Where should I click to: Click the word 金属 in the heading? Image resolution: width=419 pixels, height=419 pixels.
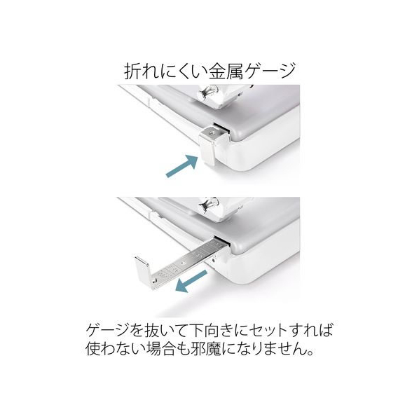(x=226, y=71)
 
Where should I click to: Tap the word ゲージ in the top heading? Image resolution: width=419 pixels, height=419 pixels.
(x=270, y=71)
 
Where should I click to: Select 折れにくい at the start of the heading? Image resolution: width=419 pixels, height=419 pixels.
(x=166, y=71)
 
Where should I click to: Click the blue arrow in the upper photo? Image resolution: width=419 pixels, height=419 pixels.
(x=182, y=166)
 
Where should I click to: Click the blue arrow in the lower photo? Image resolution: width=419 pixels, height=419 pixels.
(x=191, y=281)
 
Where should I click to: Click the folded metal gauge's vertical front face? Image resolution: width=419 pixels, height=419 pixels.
(x=207, y=151)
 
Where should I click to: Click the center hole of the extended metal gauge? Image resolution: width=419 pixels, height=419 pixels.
(x=182, y=263)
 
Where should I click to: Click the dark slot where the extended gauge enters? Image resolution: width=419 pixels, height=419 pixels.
(x=222, y=240)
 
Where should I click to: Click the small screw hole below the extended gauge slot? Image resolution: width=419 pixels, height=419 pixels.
(x=214, y=259)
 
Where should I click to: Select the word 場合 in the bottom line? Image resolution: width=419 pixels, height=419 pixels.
(x=157, y=349)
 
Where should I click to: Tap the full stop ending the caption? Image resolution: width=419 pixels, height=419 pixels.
(x=310, y=353)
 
